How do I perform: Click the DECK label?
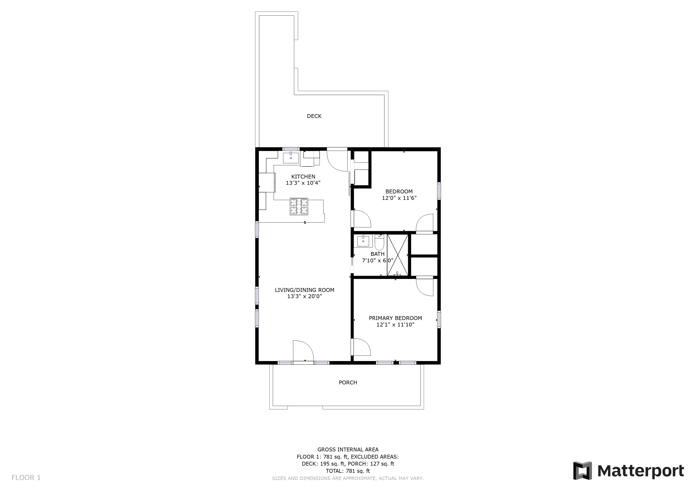314,116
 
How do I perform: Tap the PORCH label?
348,383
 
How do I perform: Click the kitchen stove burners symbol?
299,207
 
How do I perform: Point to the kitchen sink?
291,158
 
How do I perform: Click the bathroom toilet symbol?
379,242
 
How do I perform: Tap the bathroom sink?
363,241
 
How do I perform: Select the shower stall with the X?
398,255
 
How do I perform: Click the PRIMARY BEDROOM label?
395,318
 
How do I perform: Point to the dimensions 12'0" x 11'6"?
399,198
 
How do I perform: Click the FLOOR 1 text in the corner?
26,478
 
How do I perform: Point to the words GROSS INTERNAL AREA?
348,449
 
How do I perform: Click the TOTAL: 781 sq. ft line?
348,471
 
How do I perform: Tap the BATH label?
377,254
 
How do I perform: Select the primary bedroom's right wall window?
439,319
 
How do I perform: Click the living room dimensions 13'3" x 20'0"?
305,296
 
